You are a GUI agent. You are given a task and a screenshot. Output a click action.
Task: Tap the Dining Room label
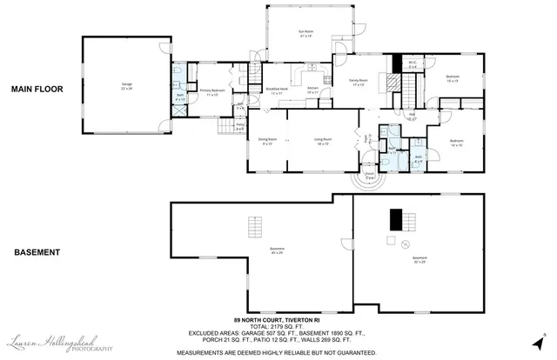[266, 140]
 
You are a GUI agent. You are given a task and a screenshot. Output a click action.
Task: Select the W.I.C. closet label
[413, 63]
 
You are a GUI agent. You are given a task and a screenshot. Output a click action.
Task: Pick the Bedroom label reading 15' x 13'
[453, 78]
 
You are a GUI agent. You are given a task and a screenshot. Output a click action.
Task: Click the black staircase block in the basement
[397, 217]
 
